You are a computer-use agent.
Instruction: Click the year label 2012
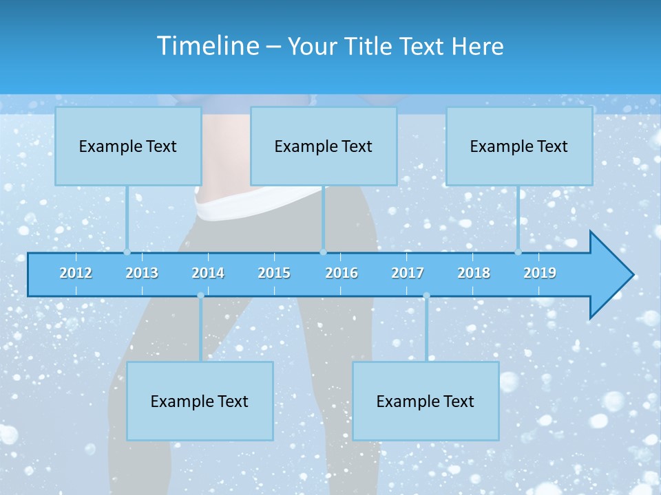click(76, 273)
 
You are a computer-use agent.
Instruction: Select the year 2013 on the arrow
click(142, 273)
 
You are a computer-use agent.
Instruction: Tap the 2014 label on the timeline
click(208, 273)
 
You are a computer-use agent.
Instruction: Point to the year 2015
click(274, 273)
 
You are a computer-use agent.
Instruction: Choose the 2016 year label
click(342, 273)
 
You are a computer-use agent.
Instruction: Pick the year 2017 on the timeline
click(408, 273)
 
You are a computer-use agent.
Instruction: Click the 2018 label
click(474, 273)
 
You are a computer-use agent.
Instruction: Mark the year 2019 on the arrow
click(540, 273)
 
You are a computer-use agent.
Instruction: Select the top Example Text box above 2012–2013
click(128, 146)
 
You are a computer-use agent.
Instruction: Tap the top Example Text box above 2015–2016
click(324, 146)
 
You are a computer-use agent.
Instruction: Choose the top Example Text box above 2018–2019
click(519, 146)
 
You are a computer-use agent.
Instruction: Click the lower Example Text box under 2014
click(200, 401)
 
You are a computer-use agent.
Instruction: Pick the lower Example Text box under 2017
click(426, 401)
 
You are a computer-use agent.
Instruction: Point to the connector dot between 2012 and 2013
click(127, 252)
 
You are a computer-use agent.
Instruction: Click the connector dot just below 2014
click(200, 296)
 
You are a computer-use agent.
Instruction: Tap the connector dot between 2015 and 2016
click(323, 252)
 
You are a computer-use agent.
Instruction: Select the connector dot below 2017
click(426, 296)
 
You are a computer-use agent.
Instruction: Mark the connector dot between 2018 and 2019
click(518, 252)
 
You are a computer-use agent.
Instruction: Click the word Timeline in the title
click(207, 46)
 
